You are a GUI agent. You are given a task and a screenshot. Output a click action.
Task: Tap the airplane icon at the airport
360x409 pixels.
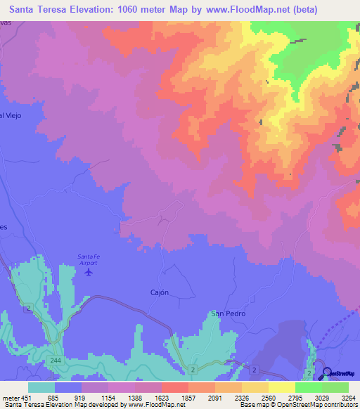tap(88, 271)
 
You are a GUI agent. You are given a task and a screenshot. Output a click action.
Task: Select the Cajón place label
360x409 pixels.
tap(160, 293)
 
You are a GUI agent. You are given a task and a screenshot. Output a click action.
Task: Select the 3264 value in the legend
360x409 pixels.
tap(349, 397)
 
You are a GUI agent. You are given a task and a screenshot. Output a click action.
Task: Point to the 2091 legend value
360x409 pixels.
tap(214, 397)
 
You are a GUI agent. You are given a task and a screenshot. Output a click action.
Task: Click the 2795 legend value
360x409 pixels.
tap(295, 397)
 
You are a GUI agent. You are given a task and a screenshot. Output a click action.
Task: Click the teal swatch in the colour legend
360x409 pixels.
tap(41, 387)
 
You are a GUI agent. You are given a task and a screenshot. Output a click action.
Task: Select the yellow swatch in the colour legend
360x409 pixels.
tap(281, 387)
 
